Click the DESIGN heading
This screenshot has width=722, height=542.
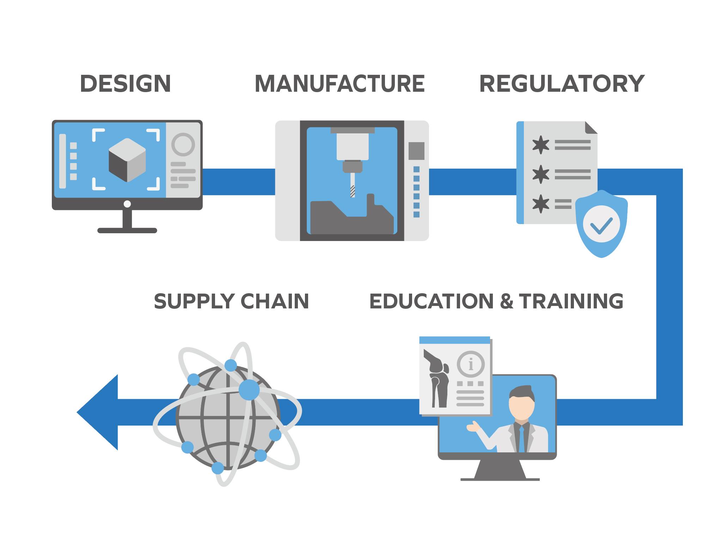click(126, 84)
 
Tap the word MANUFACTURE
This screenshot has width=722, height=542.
click(339, 84)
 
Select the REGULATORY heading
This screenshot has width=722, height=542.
click(562, 84)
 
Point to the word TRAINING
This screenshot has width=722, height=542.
click(571, 301)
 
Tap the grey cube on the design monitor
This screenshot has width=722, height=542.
click(127, 160)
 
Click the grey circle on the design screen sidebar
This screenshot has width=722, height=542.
click(183, 144)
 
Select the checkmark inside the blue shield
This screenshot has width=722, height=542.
click(601, 225)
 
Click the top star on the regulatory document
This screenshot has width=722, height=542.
click(540, 145)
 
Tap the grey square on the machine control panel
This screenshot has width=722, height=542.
click(416, 151)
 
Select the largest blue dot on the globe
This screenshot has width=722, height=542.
click(249, 390)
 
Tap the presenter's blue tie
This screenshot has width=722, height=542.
click(522, 439)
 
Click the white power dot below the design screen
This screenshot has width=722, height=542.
click(127, 204)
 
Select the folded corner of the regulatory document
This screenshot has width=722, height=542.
click(591, 127)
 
